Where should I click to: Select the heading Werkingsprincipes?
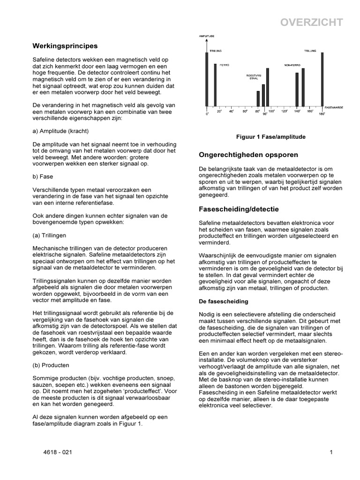click(x=65, y=46)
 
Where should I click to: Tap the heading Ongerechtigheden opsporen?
click(x=249, y=154)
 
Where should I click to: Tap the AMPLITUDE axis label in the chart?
click(x=206, y=36)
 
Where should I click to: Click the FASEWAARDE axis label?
click(x=334, y=107)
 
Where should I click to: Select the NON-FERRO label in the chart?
click(x=291, y=65)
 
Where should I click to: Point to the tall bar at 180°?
click(x=322, y=79)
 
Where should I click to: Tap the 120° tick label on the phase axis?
click(x=284, y=112)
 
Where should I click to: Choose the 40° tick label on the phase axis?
click(x=232, y=112)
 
